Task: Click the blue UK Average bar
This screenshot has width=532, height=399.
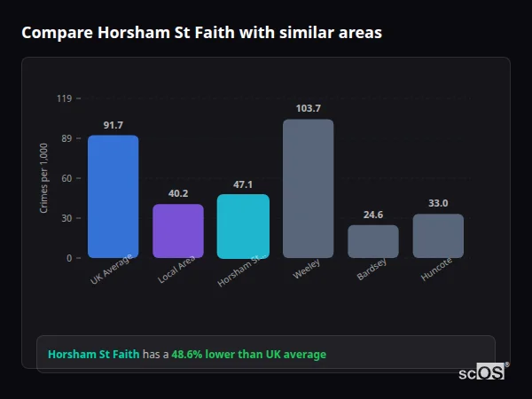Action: point(113,196)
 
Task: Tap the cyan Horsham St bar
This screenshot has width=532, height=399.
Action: point(243,226)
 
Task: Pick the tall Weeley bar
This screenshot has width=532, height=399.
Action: point(308,188)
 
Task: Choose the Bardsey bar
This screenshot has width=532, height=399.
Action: point(372,241)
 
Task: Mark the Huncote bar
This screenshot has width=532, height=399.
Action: point(438,236)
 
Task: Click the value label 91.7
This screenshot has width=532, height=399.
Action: point(113,125)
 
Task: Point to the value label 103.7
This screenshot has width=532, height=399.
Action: point(308,108)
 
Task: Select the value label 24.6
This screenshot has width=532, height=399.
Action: point(372,215)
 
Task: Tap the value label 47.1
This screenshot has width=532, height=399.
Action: point(243,184)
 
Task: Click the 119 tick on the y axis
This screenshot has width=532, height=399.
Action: point(64,98)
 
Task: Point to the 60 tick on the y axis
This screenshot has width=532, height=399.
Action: point(66,178)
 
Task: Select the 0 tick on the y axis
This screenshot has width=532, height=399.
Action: point(68,258)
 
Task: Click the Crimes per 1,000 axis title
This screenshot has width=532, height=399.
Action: point(44,178)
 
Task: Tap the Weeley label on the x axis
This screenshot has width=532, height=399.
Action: point(306,270)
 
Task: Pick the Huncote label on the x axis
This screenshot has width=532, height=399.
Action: point(435,271)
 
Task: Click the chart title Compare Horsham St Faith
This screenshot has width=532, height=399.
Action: point(201,33)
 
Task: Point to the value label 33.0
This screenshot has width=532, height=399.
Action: point(438,203)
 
